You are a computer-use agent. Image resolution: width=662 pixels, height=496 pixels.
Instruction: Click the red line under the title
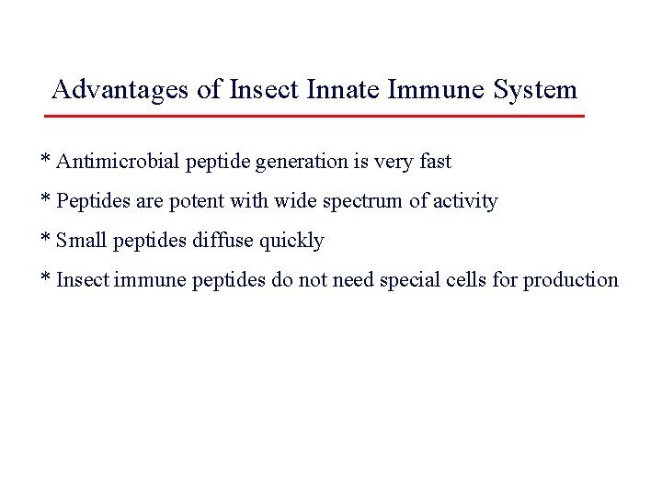click(x=314, y=117)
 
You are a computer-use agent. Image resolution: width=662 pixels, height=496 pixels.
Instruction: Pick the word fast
click(x=431, y=162)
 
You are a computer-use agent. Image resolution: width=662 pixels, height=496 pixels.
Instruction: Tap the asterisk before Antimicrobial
click(x=45, y=162)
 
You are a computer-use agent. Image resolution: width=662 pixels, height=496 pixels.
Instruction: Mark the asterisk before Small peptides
click(x=45, y=240)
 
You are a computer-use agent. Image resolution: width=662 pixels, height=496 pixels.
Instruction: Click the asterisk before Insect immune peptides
click(x=45, y=278)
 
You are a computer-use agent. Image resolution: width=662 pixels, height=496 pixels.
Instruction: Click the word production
click(x=570, y=279)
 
